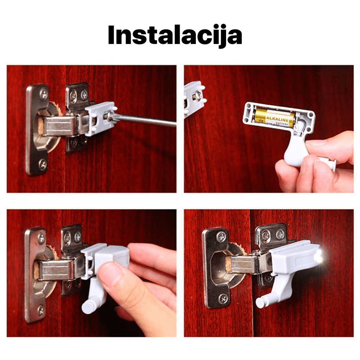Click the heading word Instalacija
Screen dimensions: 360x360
[175, 35]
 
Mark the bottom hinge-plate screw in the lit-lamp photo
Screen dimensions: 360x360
[223, 298]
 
